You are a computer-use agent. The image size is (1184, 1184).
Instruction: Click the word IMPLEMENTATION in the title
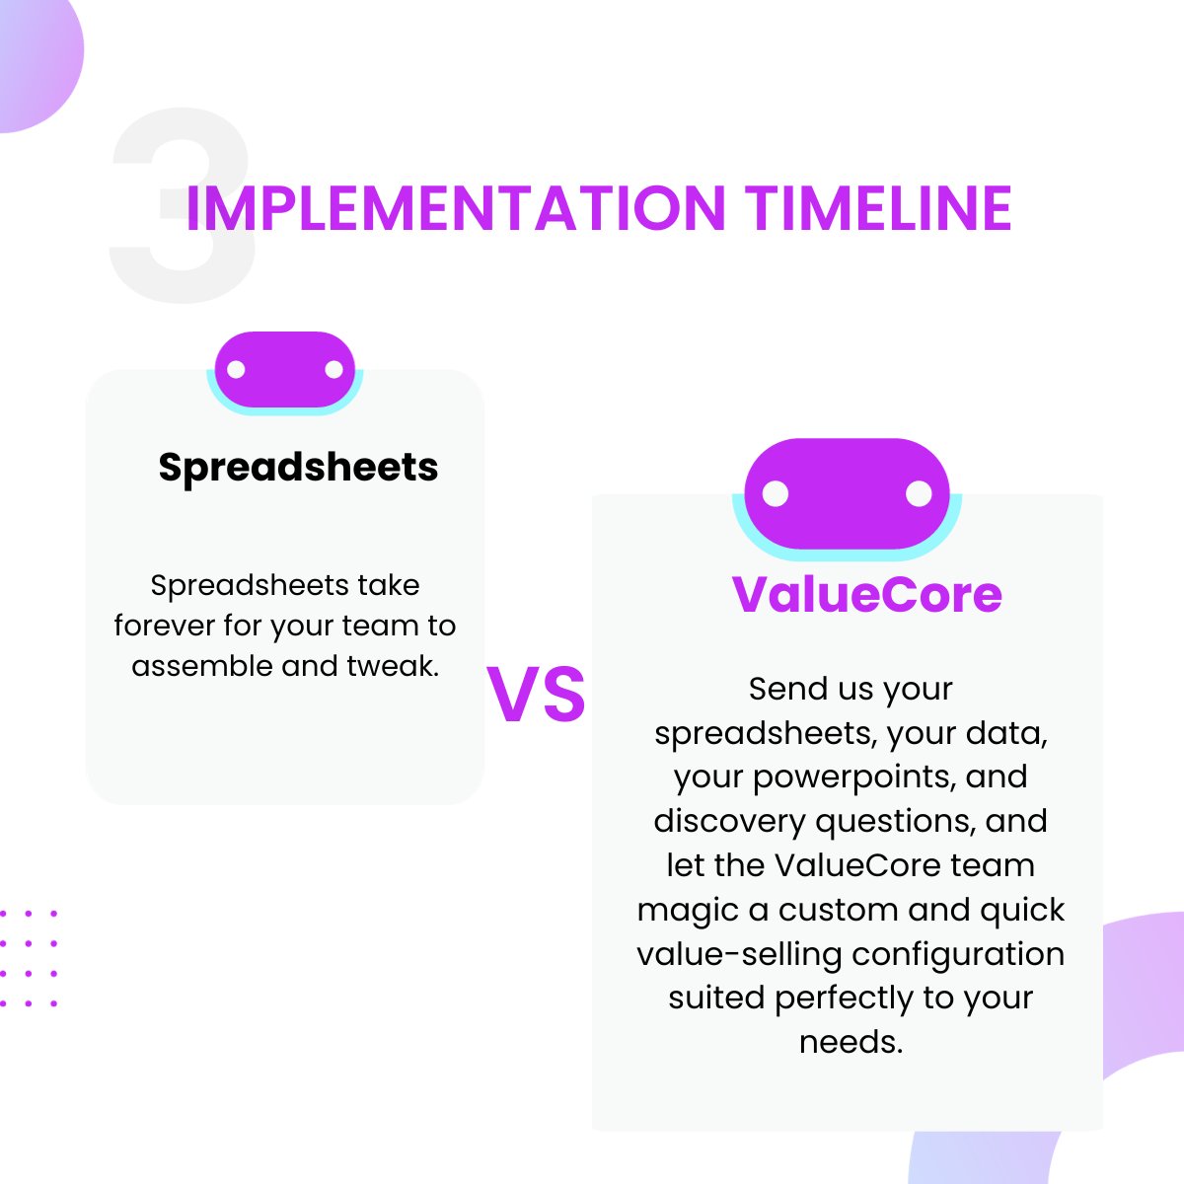pyautogui.click(x=456, y=208)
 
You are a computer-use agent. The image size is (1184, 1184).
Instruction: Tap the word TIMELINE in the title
pyautogui.click(x=878, y=208)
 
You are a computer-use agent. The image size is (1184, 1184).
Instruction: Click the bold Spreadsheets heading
pyautogui.click(x=298, y=467)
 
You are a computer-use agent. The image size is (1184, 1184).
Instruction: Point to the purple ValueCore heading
pyautogui.click(x=866, y=594)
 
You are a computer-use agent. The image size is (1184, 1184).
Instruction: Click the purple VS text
pyautogui.click(x=536, y=696)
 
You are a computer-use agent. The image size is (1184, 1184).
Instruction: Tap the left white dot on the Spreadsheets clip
pyautogui.click(x=237, y=370)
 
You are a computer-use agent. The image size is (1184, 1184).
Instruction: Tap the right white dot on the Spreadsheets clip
pyautogui.click(x=333, y=370)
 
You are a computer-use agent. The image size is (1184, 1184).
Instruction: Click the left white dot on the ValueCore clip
pyautogui.click(x=776, y=493)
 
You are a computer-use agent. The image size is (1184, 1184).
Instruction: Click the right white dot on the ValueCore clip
pyautogui.click(x=919, y=493)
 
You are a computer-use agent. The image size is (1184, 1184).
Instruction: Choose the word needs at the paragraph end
pyautogui.click(x=851, y=1042)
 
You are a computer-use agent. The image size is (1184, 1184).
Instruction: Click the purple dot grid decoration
pyautogui.click(x=28, y=958)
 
